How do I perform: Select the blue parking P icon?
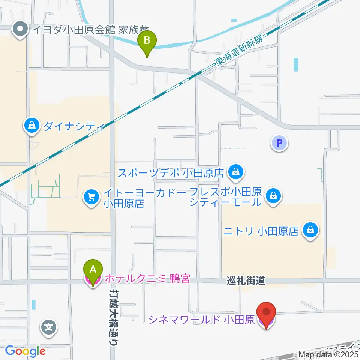[x=279, y=143]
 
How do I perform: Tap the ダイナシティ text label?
[x=73, y=127]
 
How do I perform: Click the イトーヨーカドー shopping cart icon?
[x=91, y=196]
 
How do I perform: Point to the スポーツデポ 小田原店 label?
[x=171, y=173]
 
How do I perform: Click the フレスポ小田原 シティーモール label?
[x=225, y=198]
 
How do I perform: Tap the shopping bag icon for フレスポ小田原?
[x=273, y=195]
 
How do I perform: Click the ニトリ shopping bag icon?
[x=310, y=230]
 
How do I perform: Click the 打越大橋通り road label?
[x=113, y=315]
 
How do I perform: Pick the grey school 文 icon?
[x=49, y=327]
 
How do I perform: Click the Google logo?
[x=25, y=351]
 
